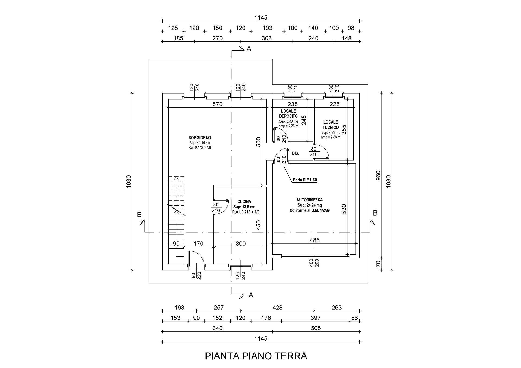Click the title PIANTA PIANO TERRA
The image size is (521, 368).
pyautogui.click(x=256, y=356)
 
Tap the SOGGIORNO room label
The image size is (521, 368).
pyautogui.click(x=200, y=137)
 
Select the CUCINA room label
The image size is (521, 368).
pyautogui.click(x=244, y=201)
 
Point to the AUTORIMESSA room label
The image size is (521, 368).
pyautogui.click(x=310, y=200)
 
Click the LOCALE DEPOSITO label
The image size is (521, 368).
pyautogui.click(x=288, y=113)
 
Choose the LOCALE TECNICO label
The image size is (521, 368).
pyautogui.click(x=331, y=125)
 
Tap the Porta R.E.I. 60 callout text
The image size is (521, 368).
pyautogui.click(x=305, y=180)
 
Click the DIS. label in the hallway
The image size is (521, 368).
pyautogui.click(x=296, y=153)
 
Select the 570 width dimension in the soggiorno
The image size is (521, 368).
pyautogui.click(x=217, y=104)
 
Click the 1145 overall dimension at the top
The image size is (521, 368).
pyautogui.click(x=261, y=18)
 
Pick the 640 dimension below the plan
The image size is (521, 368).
pyautogui.click(x=217, y=328)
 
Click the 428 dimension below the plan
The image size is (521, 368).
pyautogui.click(x=277, y=308)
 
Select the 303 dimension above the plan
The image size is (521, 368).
pyautogui.click(x=267, y=38)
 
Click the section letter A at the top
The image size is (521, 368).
pyautogui.click(x=249, y=49)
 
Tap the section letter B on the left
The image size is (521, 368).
pyautogui.click(x=139, y=215)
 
